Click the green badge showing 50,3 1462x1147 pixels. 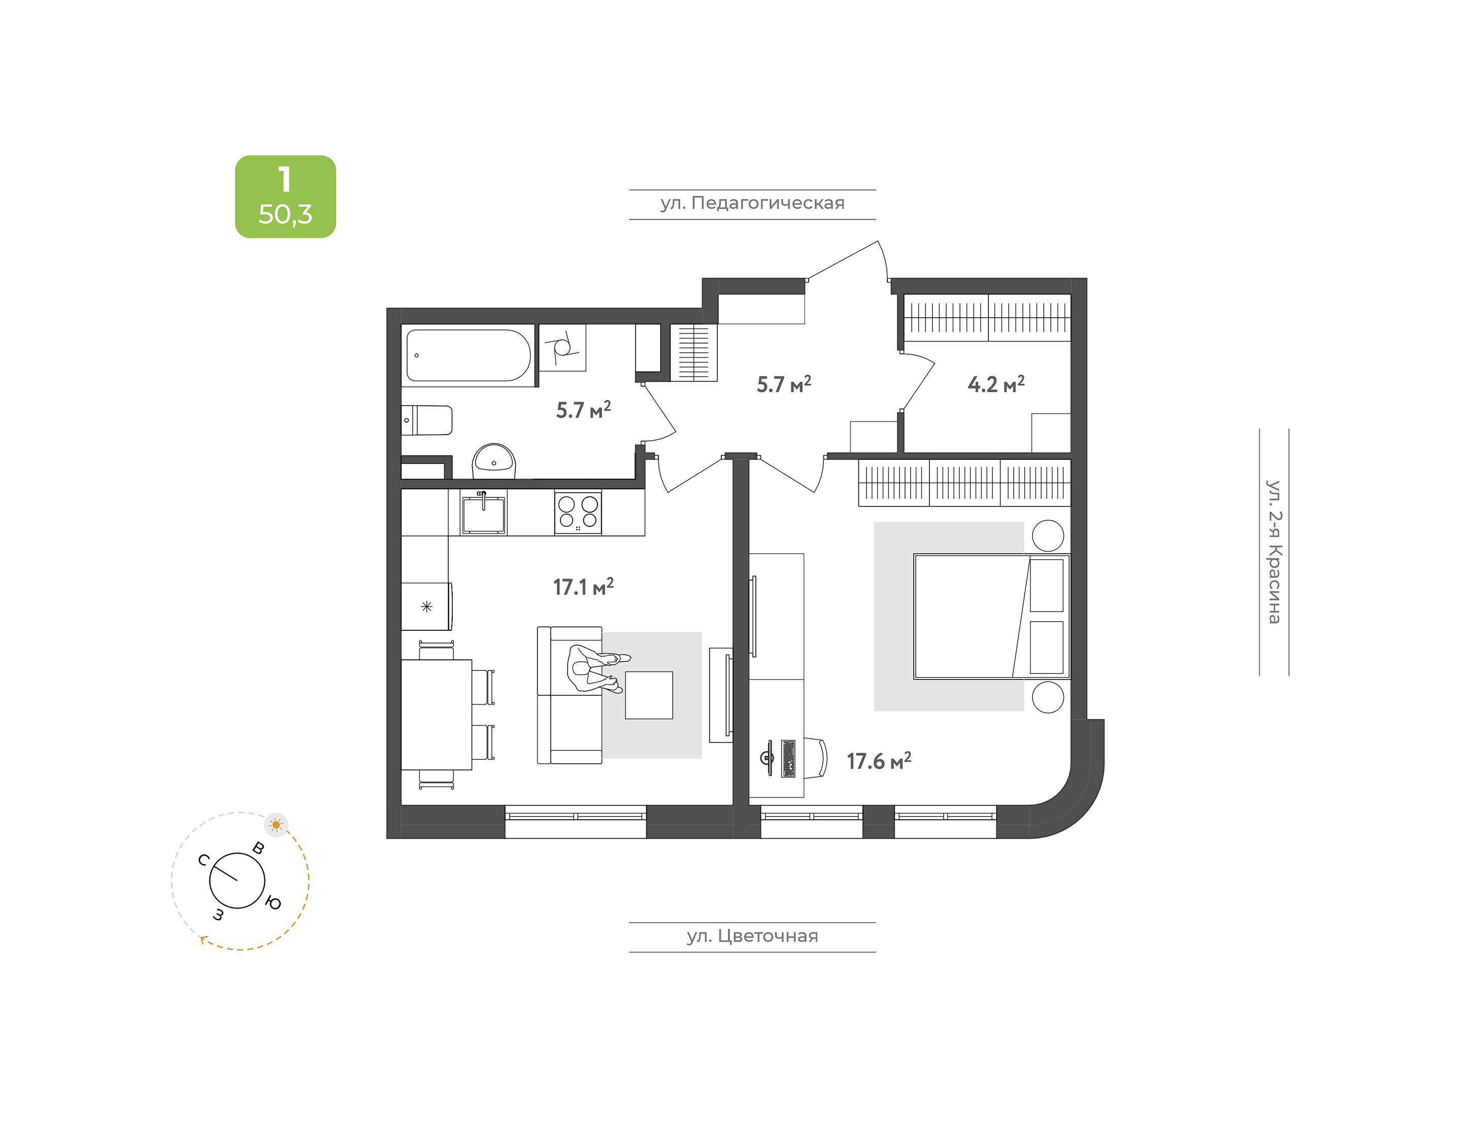pyautogui.click(x=285, y=197)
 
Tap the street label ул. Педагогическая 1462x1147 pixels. pyautogui.click(x=752, y=204)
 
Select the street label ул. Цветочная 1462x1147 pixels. pyautogui.click(x=752, y=936)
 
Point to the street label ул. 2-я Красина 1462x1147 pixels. pyautogui.click(x=1274, y=552)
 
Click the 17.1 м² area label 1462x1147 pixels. pyautogui.click(x=583, y=586)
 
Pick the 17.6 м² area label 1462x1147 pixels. pyautogui.click(x=878, y=760)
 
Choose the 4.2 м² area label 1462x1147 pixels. pyautogui.click(x=996, y=384)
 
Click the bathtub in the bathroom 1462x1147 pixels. pyautogui.click(x=469, y=355)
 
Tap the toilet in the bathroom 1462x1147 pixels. pyautogui.click(x=427, y=420)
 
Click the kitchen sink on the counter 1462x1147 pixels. pyautogui.click(x=484, y=514)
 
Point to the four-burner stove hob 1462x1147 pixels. pyautogui.click(x=578, y=513)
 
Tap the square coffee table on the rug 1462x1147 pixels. pyautogui.click(x=649, y=695)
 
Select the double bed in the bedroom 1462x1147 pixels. pyautogui.click(x=991, y=617)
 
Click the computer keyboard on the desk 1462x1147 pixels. pyautogui.click(x=788, y=758)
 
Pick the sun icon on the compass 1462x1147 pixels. pyautogui.click(x=276, y=825)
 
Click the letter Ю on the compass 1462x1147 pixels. pyautogui.click(x=273, y=903)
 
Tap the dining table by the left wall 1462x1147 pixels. pyautogui.click(x=437, y=715)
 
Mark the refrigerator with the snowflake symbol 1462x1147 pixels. pyautogui.click(x=426, y=606)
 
